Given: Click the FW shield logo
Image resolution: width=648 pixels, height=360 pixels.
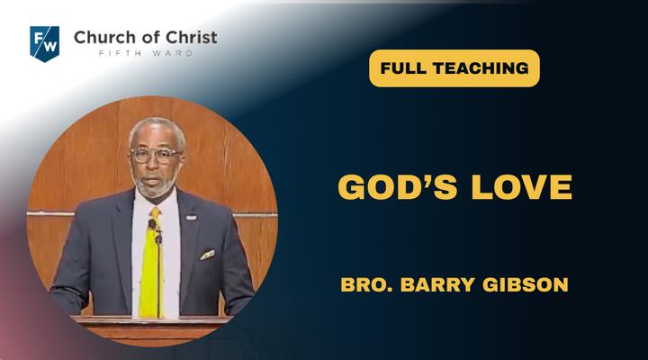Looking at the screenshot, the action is click(45, 44).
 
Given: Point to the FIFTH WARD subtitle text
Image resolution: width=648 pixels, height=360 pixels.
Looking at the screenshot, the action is click(146, 53).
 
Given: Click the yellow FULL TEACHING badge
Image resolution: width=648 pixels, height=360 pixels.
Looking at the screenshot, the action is click(454, 68).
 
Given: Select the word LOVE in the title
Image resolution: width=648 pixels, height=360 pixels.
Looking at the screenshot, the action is click(521, 187).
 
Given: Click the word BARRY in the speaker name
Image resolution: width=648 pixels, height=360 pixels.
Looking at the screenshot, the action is click(437, 284).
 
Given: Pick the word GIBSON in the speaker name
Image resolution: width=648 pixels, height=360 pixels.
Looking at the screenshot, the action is click(526, 284).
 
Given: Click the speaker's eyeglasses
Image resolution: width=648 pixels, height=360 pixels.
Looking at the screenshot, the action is click(156, 155).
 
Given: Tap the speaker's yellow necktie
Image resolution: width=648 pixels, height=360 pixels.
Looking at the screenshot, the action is click(151, 265).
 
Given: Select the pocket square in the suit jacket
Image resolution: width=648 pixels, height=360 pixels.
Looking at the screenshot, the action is click(208, 255).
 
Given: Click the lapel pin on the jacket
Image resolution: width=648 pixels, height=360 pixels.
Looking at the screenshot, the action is click(191, 218).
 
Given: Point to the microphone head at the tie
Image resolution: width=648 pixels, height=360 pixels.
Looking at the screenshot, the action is click(153, 225).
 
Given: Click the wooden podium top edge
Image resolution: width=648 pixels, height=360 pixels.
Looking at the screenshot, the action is click(152, 319).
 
